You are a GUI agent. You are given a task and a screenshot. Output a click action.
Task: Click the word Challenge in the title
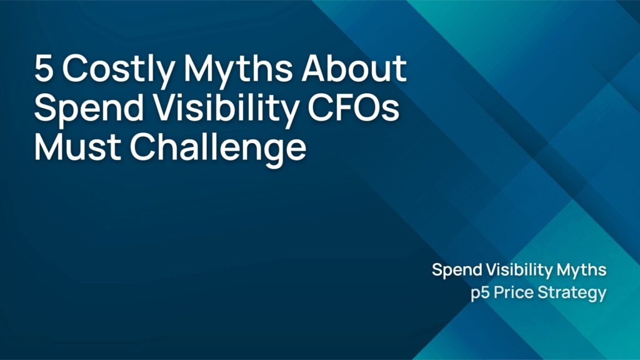click(x=218, y=150)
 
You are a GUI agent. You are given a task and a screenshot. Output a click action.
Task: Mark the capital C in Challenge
click(x=142, y=147)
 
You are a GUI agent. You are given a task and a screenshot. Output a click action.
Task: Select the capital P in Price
click(x=500, y=292)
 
